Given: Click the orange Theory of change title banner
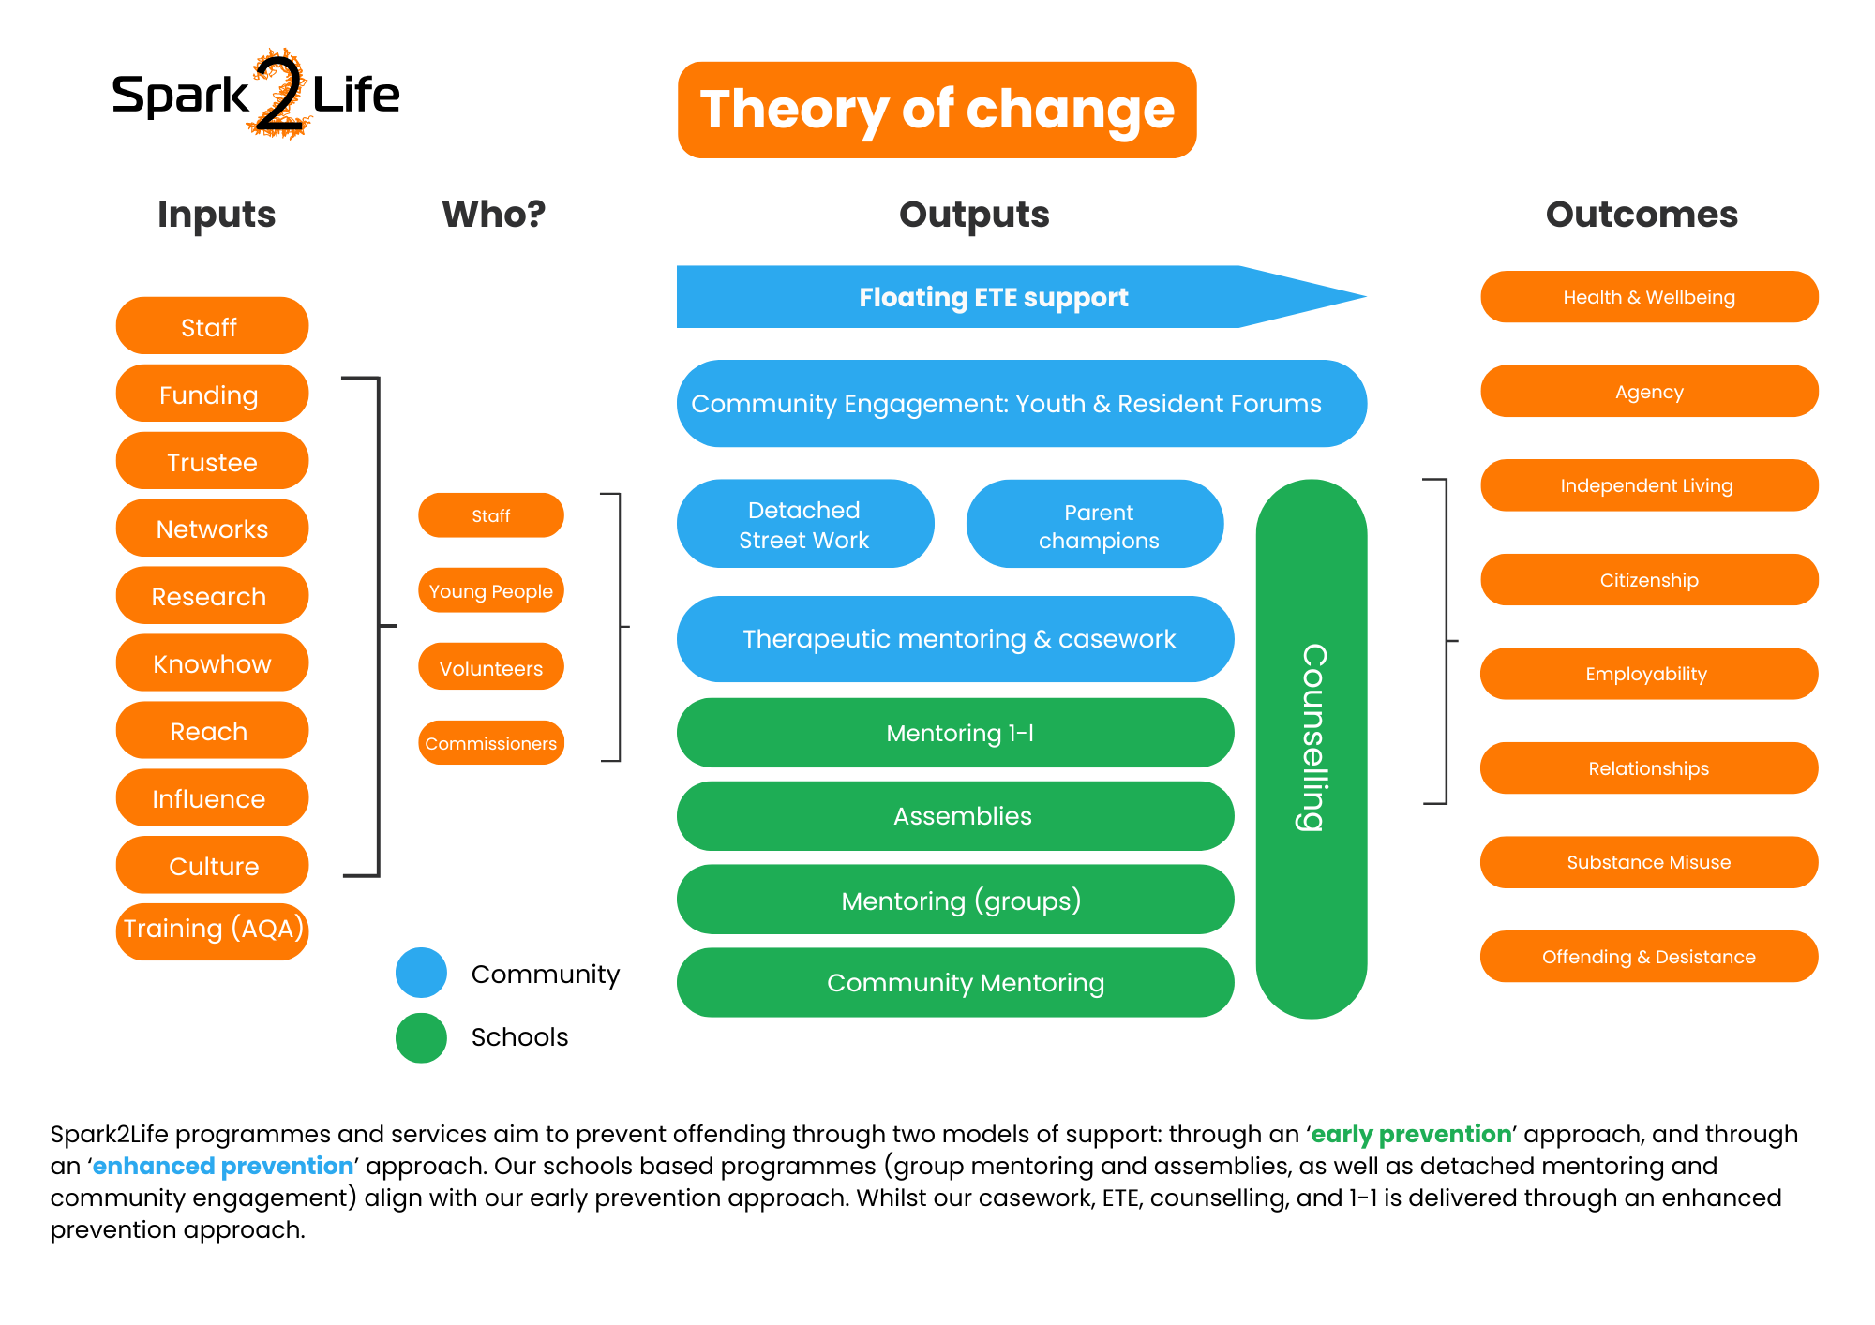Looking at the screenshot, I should [937, 110].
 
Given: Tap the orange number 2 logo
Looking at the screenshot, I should [279, 94].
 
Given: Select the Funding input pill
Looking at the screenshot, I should [212, 395].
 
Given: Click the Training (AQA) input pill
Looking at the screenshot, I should [212, 930].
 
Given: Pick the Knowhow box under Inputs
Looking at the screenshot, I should [212, 663].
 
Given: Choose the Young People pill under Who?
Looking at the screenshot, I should [490, 590].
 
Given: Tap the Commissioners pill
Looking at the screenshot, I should [490, 743].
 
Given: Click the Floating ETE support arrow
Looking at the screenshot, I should [994, 297].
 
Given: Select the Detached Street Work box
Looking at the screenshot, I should [804, 524].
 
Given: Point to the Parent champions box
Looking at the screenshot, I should [1095, 525].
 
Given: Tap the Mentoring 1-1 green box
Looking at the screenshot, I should [955, 733].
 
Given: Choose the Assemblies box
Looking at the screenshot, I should [955, 816].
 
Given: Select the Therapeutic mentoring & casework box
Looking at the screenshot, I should [955, 639].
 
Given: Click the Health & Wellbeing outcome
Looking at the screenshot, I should [1649, 297].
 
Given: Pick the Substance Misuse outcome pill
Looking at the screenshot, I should [1649, 862].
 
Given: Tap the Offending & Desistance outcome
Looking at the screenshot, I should [1649, 957].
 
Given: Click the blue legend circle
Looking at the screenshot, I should [421, 973].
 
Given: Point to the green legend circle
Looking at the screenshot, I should [421, 1038].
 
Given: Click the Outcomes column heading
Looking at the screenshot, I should [1642, 215].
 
